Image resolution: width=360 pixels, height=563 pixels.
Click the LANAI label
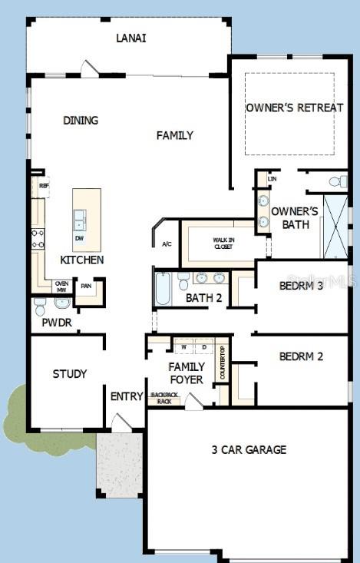[x=130, y=38]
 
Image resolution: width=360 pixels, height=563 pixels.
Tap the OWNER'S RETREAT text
[x=294, y=108]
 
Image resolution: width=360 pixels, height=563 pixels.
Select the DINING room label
[x=81, y=121]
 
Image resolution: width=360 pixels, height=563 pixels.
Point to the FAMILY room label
[x=175, y=135]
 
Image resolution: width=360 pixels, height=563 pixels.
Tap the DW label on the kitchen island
[x=79, y=238]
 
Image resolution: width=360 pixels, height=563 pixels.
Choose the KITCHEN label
[x=82, y=260]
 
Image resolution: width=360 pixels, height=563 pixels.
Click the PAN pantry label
[x=87, y=286]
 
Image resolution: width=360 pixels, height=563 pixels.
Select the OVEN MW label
[x=61, y=286]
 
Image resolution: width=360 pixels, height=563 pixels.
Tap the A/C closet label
[x=166, y=244]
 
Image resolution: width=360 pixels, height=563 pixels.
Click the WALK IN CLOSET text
[x=224, y=243]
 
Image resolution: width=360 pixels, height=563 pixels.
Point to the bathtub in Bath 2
[x=163, y=290]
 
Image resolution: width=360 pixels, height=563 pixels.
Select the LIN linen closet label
[x=271, y=179]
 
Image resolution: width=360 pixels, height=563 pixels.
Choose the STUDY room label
[x=69, y=374]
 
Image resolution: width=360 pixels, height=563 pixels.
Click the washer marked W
[x=184, y=348]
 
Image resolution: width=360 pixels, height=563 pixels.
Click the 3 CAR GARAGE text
[x=249, y=449]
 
